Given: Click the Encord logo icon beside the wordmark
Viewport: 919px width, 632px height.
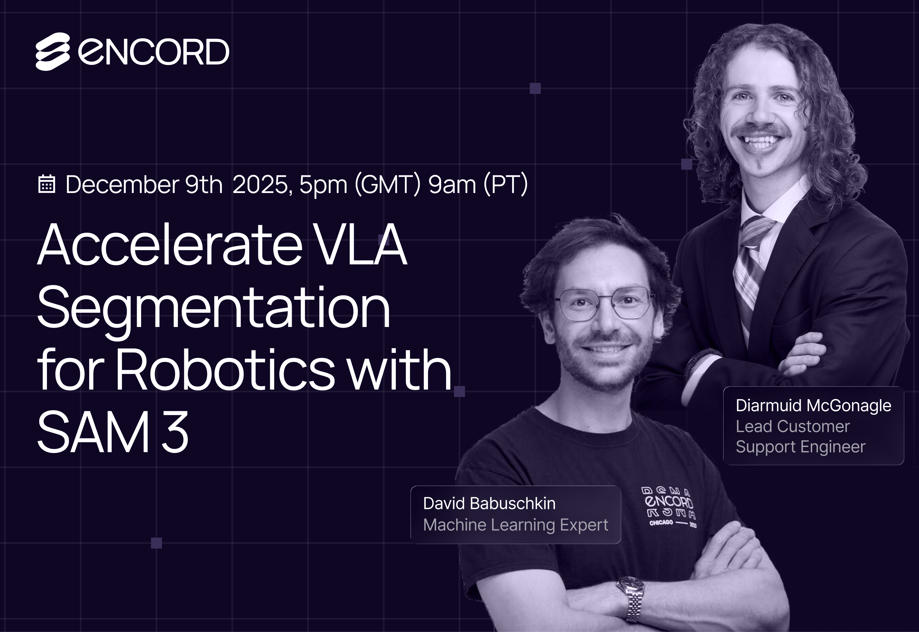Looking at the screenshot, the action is pyautogui.click(x=53, y=52).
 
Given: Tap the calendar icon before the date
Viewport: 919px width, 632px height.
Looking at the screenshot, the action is pyautogui.click(x=46, y=184).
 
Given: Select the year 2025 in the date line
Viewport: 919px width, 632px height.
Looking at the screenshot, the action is pyautogui.click(x=262, y=184).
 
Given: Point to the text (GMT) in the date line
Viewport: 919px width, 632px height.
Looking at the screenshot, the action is pyautogui.click(x=388, y=184).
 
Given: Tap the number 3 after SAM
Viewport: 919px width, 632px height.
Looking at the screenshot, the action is pyautogui.click(x=175, y=432).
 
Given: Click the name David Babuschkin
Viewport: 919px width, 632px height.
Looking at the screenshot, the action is pyautogui.click(x=489, y=503).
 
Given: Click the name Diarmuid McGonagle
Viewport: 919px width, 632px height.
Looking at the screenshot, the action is pyautogui.click(x=813, y=405).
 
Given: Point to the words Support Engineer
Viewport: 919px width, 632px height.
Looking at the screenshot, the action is pyautogui.click(x=801, y=447).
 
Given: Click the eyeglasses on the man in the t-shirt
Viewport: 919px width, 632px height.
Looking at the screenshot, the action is pyautogui.click(x=605, y=303).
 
